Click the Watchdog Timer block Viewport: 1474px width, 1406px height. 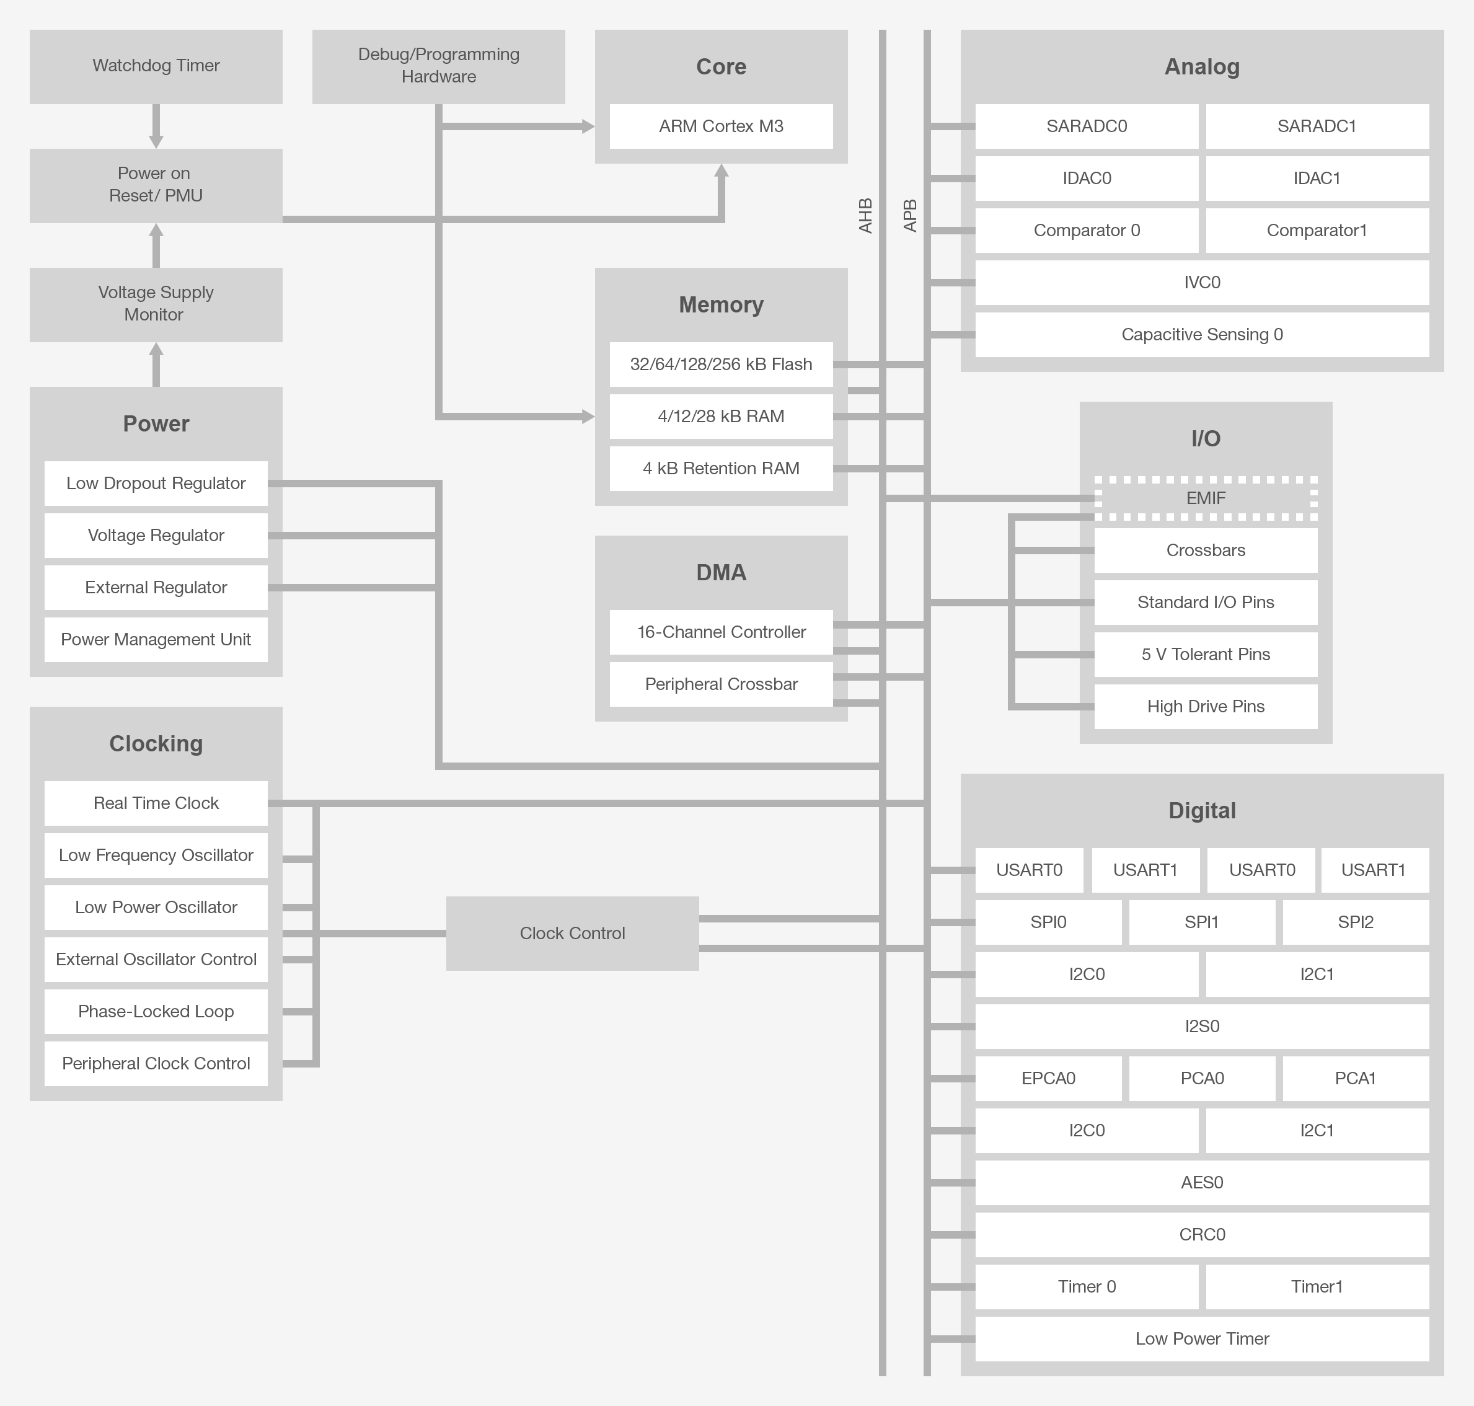pyautogui.click(x=156, y=66)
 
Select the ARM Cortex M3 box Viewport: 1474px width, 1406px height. pyautogui.click(x=721, y=126)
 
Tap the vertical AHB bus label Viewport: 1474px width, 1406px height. pyautogui.click(x=865, y=216)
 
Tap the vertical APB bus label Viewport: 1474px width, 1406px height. pyautogui.click(x=910, y=216)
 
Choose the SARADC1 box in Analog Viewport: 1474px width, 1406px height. pyautogui.click(x=1317, y=126)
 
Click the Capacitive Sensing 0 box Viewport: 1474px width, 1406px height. pyautogui.click(x=1202, y=334)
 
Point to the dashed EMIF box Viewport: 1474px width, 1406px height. pyautogui.click(x=1205, y=498)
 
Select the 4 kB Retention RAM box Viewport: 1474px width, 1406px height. pyautogui.click(x=721, y=469)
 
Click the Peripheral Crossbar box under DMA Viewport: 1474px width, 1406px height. pyautogui.click(x=721, y=684)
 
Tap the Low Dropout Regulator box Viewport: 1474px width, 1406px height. pyautogui.click(x=156, y=484)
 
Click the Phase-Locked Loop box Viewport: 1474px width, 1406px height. pyautogui.click(x=156, y=1011)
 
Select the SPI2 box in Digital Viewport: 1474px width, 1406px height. pyautogui.click(x=1355, y=922)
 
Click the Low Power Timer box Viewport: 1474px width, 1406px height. pyautogui.click(x=1202, y=1338)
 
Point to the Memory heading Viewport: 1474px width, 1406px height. pyautogui.click(x=721, y=304)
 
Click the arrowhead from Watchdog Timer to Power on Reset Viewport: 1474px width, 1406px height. pyautogui.click(x=156, y=141)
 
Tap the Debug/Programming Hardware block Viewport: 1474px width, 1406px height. pyautogui.click(x=438, y=66)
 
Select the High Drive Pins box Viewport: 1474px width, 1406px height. pyautogui.click(x=1205, y=706)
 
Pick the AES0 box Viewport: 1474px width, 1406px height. pyautogui.click(x=1202, y=1182)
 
